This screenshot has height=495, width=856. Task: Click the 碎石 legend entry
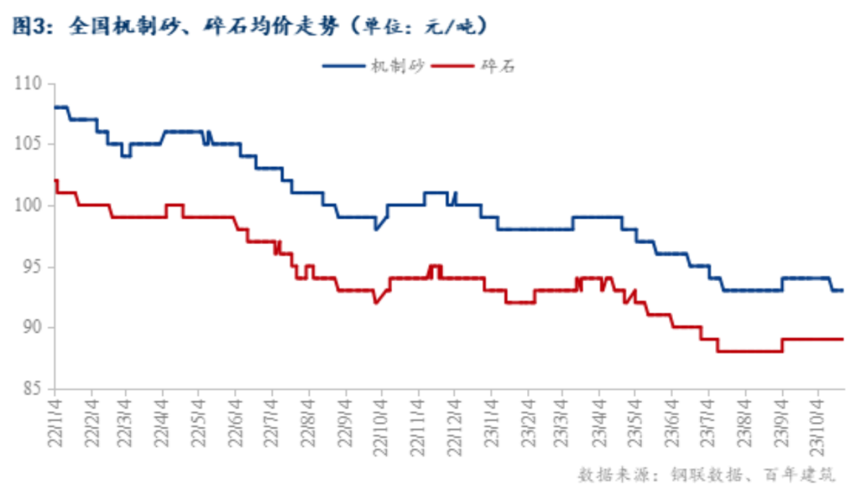pos(499,67)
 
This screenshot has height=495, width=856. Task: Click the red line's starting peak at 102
pos(55,181)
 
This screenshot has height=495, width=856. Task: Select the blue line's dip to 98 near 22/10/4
pos(376,229)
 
